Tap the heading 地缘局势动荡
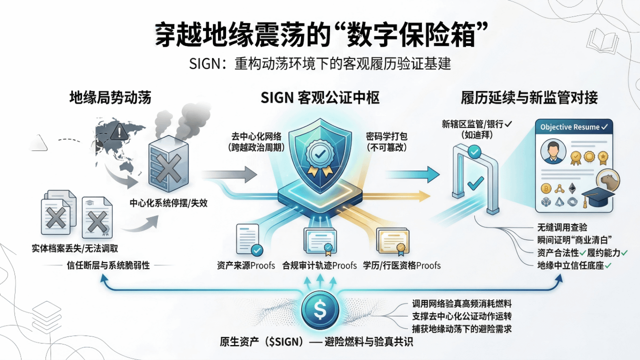click(110, 98)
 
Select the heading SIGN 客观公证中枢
click(320, 98)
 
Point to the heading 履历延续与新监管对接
click(529, 98)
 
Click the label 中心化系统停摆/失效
click(168, 203)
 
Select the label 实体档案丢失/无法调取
click(75, 248)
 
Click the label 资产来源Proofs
click(246, 265)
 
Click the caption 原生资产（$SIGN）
click(262, 342)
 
